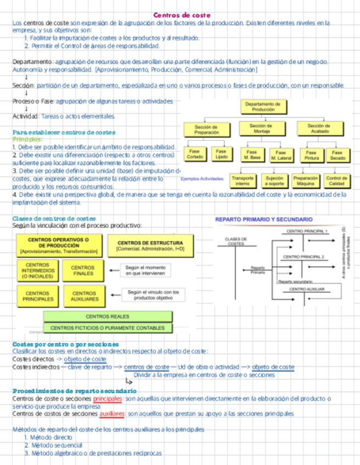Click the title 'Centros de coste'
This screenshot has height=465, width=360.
click(182, 15)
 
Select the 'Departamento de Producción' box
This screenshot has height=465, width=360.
click(263, 106)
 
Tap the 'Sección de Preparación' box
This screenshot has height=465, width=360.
click(206, 129)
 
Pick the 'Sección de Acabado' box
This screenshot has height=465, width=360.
click(320, 128)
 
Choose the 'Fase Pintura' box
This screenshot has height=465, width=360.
click(311, 155)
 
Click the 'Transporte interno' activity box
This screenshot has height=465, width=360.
click(243, 180)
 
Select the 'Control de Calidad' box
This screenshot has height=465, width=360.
click(336, 180)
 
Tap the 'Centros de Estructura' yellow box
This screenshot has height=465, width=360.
click(150, 245)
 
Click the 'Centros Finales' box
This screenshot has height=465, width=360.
click(82, 270)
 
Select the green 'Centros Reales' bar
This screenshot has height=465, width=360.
click(108, 316)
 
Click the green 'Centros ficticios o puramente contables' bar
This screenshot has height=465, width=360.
click(108, 328)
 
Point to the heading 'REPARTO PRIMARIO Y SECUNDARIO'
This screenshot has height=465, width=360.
click(264, 219)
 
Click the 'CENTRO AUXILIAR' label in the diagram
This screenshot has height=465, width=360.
click(307, 289)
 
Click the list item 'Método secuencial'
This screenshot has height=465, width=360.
click(50, 446)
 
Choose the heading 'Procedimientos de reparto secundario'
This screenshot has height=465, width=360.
click(75, 391)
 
